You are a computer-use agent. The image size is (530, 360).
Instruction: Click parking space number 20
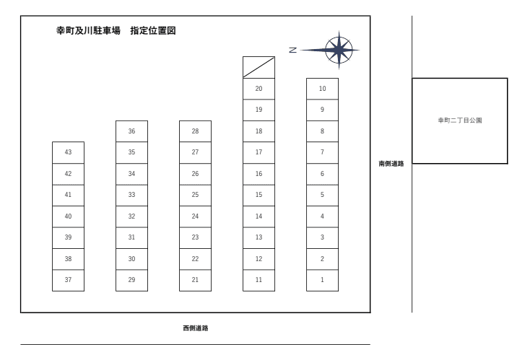pos(259,89)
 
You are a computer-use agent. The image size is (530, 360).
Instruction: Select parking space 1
pos(322,280)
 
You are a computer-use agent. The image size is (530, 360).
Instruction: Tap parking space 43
pos(68,152)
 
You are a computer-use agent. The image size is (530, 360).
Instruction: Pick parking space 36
pos(131,131)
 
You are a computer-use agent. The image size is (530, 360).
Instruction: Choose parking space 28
pos(195,131)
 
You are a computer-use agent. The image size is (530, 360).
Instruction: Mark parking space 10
pos(322,89)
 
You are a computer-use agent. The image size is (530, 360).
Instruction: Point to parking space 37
pos(68,280)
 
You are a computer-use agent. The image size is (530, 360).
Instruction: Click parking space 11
pos(259,280)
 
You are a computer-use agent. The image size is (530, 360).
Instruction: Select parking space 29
pos(131,280)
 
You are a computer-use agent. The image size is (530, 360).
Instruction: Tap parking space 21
pos(195,280)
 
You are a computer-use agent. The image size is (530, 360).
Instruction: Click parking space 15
pos(259,195)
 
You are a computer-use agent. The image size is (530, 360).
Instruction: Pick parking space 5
pos(322,195)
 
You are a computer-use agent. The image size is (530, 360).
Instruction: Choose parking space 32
pos(131,216)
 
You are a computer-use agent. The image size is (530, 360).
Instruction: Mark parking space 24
pos(195,216)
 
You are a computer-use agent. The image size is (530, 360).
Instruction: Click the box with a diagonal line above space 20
pos(259,67)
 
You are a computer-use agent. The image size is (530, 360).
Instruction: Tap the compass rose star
pos(338,50)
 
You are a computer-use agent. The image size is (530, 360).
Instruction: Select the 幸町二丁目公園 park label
pos(459,121)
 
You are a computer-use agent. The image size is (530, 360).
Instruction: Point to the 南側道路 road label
pos(391,164)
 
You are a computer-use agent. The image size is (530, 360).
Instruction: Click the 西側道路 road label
pos(195,328)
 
